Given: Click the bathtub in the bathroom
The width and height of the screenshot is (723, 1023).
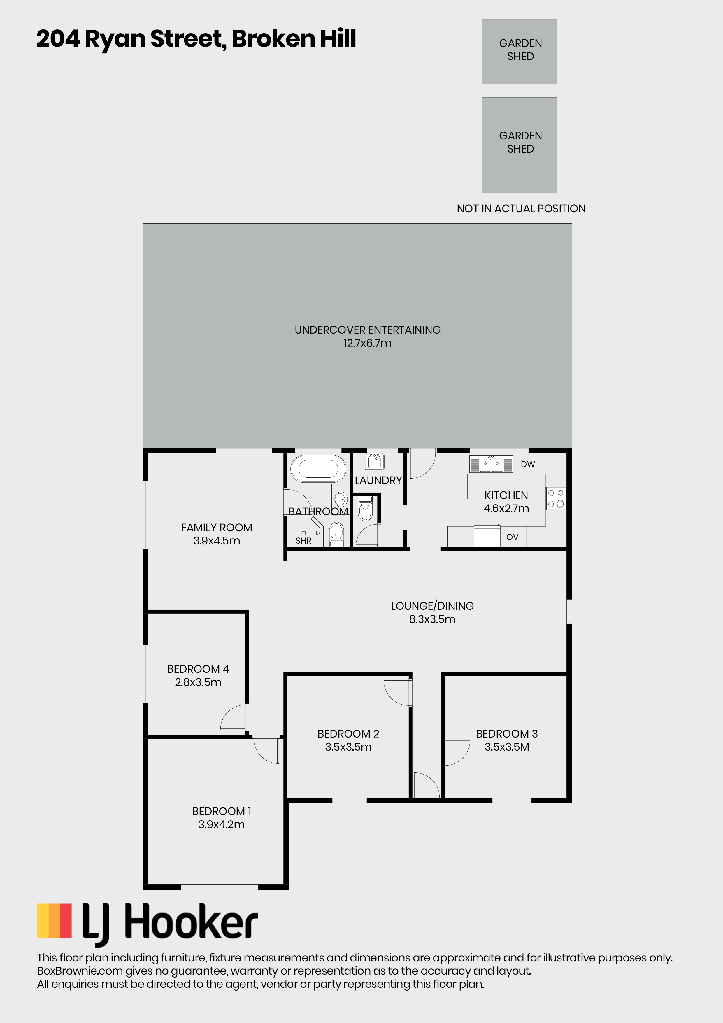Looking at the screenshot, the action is (318, 469).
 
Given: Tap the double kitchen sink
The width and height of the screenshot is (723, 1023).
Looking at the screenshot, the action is (491, 464).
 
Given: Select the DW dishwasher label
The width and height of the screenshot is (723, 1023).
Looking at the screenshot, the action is (528, 464).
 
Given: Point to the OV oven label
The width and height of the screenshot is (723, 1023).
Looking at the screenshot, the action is (512, 537).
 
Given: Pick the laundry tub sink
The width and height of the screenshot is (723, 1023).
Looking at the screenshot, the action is (375, 462).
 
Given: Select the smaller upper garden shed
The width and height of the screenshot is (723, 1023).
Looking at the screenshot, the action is (520, 51).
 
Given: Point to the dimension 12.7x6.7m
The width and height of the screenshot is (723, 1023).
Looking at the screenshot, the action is (368, 343).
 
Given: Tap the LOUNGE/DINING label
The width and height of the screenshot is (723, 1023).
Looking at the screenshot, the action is (432, 606).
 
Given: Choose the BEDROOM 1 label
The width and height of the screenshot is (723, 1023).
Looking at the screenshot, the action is (221, 811).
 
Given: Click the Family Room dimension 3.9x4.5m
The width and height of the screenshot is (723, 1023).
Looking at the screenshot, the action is (217, 541).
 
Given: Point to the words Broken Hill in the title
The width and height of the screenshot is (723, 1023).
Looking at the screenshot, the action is (294, 39).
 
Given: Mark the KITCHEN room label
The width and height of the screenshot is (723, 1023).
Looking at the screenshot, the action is (506, 495).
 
